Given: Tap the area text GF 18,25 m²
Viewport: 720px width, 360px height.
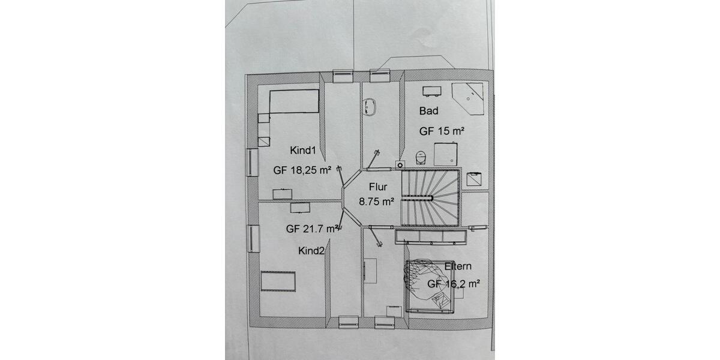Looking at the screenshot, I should [302, 170].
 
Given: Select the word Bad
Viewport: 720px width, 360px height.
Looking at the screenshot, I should [429, 111].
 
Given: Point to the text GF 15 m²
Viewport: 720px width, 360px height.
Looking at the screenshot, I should [442, 130].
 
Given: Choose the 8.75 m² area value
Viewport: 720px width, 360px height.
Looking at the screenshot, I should [376, 202].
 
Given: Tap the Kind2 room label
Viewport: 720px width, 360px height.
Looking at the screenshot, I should [311, 251].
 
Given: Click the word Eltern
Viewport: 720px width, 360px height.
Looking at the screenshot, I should [458, 266].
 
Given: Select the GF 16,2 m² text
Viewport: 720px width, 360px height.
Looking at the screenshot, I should [453, 285].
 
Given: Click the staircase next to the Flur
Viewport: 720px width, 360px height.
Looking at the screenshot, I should [430, 197].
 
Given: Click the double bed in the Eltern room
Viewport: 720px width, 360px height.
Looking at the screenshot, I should [430, 286].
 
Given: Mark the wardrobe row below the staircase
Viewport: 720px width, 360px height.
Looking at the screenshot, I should [430, 236].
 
